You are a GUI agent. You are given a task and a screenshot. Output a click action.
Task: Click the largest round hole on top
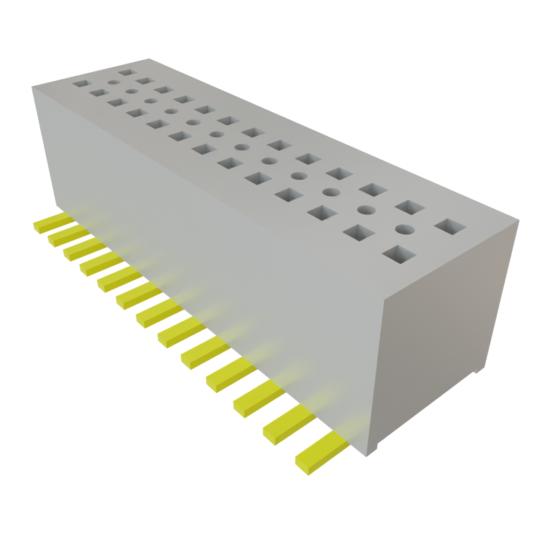coord(405,229)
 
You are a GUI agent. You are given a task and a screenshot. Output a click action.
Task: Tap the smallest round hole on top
coord(114,82)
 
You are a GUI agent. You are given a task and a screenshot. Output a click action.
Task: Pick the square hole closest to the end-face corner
coord(451,226)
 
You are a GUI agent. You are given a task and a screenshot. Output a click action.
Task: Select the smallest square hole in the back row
coord(126,71)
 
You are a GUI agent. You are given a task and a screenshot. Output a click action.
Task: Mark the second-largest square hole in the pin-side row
coord(358,232)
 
